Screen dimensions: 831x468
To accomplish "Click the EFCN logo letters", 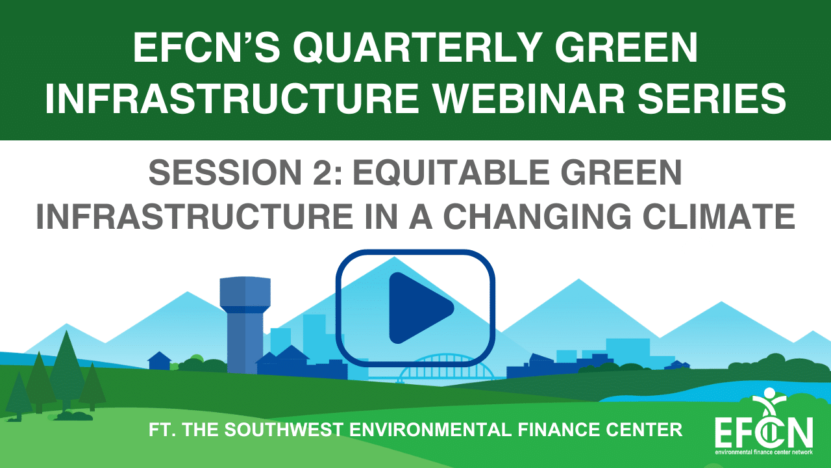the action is click(764, 431).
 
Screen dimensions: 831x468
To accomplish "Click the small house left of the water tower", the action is click(160, 361).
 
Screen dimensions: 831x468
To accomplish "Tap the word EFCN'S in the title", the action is click(206, 48).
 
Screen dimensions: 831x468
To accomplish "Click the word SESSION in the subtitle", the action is click(225, 172).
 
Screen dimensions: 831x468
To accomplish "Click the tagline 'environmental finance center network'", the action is click(764, 452).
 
